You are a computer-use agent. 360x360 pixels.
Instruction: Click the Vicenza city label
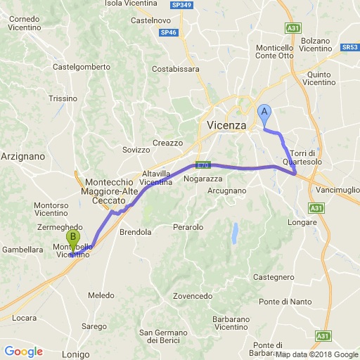(228, 125)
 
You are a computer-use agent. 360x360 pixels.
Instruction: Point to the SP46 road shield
(168, 32)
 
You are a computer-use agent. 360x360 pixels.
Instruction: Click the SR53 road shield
(350, 47)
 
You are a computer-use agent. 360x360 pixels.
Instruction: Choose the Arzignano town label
(23, 155)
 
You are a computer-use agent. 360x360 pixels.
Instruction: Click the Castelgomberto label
(82, 67)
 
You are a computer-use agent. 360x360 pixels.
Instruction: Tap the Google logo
(23, 352)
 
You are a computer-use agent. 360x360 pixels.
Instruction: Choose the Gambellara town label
(23, 249)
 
